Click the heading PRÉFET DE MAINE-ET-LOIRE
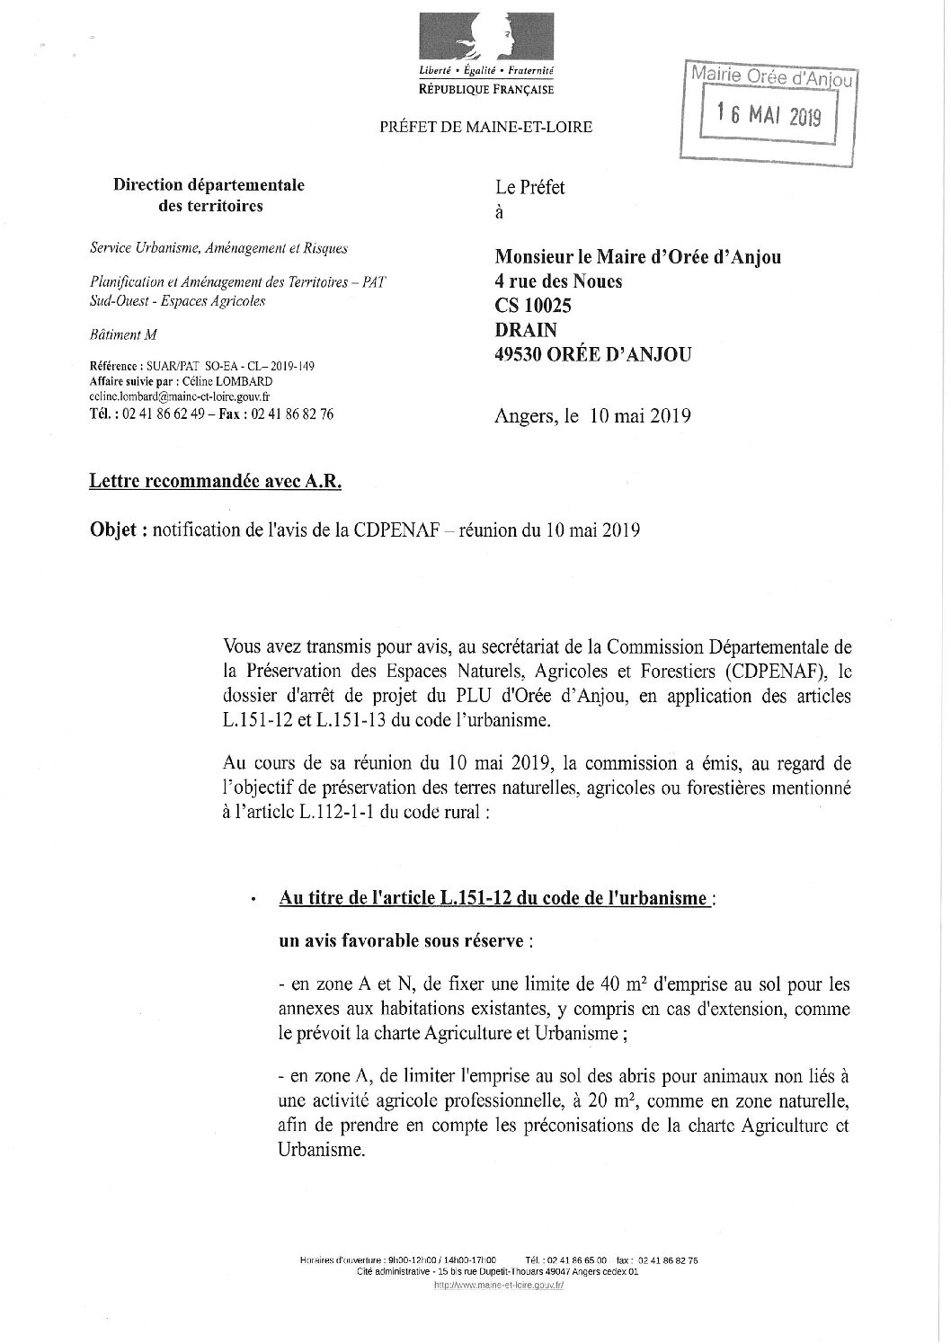click(x=485, y=127)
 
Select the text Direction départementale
click(x=209, y=185)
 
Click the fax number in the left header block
click(x=293, y=414)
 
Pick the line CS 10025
click(x=533, y=306)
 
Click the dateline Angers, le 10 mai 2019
click(x=592, y=415)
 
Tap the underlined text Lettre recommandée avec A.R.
click(x=215, y=483)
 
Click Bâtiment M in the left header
click(x=123, y=335)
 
